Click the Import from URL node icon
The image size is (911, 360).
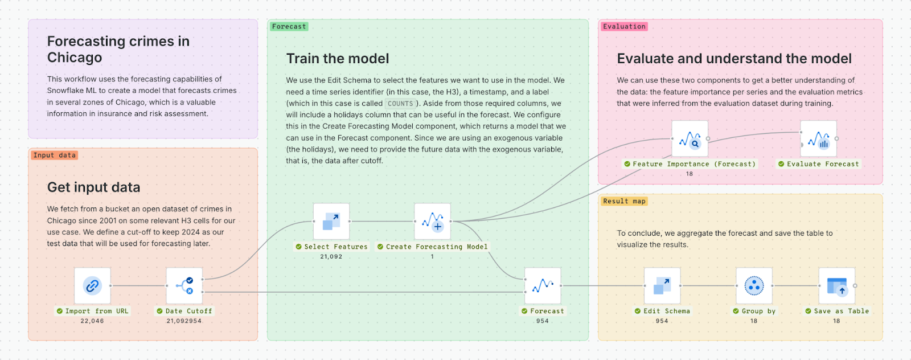(92, 285)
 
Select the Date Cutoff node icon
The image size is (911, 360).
(184, 285)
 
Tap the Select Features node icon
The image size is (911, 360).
(331, 221)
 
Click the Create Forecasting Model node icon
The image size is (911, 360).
(432, 221)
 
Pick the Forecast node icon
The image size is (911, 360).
(543, 285)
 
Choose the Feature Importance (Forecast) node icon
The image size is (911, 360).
(690, 138)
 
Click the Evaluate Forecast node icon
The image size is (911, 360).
(818, 138)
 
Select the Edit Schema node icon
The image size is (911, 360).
(662, 285)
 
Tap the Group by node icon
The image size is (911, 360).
(754, 285)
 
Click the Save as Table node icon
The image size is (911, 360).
(836, 285)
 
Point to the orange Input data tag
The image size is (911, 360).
(54, 155)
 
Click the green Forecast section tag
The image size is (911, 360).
(289, 26)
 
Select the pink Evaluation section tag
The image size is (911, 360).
(624, 26)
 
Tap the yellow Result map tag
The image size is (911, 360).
(624, 201)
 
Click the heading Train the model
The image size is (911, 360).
(338, 59)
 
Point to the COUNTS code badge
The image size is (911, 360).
(400, 104)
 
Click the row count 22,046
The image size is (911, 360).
(92, 321)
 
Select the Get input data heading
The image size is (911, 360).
(93, 187)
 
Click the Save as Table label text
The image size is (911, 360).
(841, 311)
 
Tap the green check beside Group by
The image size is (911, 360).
(736, 311)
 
